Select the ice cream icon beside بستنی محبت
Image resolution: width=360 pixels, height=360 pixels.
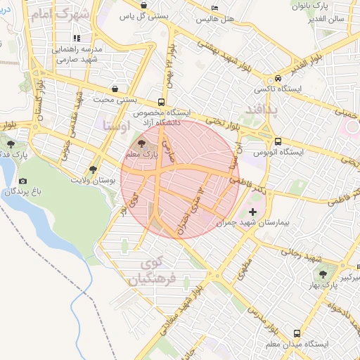115,90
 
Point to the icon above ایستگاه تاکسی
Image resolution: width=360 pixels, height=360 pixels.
279,79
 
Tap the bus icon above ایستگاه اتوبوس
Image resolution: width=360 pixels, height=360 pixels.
279,141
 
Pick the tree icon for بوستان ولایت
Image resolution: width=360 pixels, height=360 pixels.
93,169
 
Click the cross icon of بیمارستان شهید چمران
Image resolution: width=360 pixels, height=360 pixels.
253,211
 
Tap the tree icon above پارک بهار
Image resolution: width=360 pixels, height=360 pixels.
323,274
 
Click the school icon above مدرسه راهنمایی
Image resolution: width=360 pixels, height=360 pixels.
76,38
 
